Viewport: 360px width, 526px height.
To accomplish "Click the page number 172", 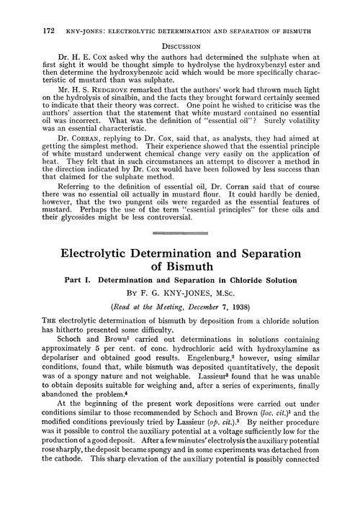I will click(30, 10).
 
